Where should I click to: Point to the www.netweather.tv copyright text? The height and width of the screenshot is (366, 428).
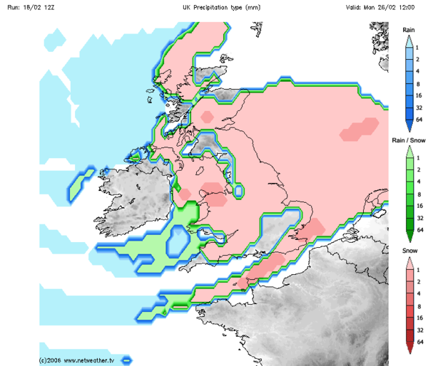coord(78,360)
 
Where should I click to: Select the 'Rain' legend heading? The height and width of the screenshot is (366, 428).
coord(409,30)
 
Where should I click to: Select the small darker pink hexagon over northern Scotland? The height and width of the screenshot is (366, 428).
coord(207,115)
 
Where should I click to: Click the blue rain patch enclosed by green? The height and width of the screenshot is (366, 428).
coord(176,243)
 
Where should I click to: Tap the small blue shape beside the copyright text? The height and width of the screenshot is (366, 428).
coord(127,360)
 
